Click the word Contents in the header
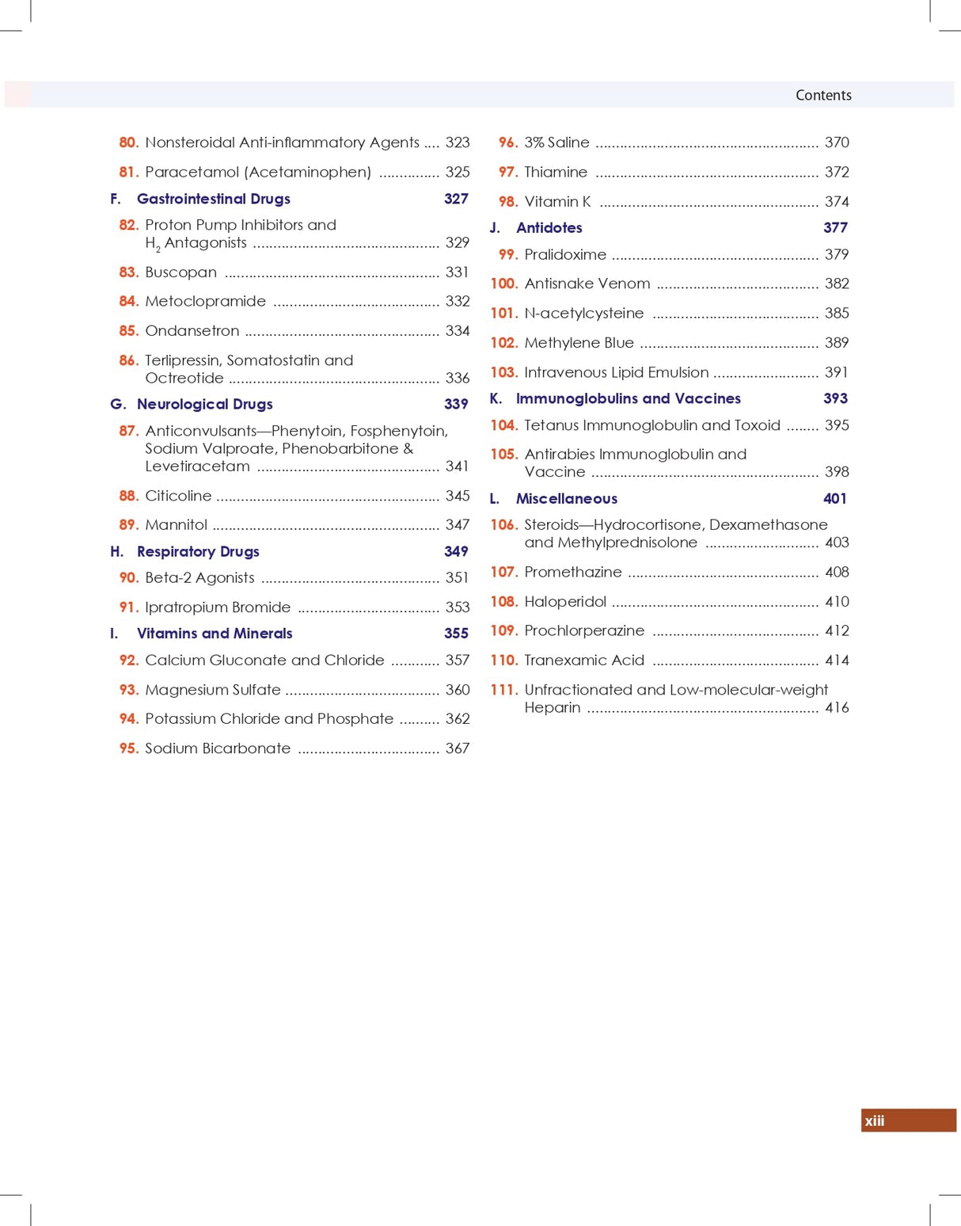point(823,95)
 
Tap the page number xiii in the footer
point(875,1121)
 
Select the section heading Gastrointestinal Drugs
point(213,199)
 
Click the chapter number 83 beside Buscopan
point(128,272)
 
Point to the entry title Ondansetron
point(192,331)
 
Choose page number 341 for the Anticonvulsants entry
point(457,466)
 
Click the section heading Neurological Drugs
point(204,404)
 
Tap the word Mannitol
point(176,525)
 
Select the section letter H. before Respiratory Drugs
point(116,551)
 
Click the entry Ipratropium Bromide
point(218,607)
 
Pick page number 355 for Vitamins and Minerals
point(456,634)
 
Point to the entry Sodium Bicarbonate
point(218,748)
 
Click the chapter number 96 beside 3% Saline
point(507,143)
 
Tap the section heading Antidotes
point(549,228)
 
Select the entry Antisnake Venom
point(587,284)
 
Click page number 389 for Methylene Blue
point(836,343)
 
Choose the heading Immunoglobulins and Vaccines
point(628,398)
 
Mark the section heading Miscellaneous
point(566,499)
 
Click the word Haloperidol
point(565,602)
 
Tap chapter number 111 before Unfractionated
point(503,690)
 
